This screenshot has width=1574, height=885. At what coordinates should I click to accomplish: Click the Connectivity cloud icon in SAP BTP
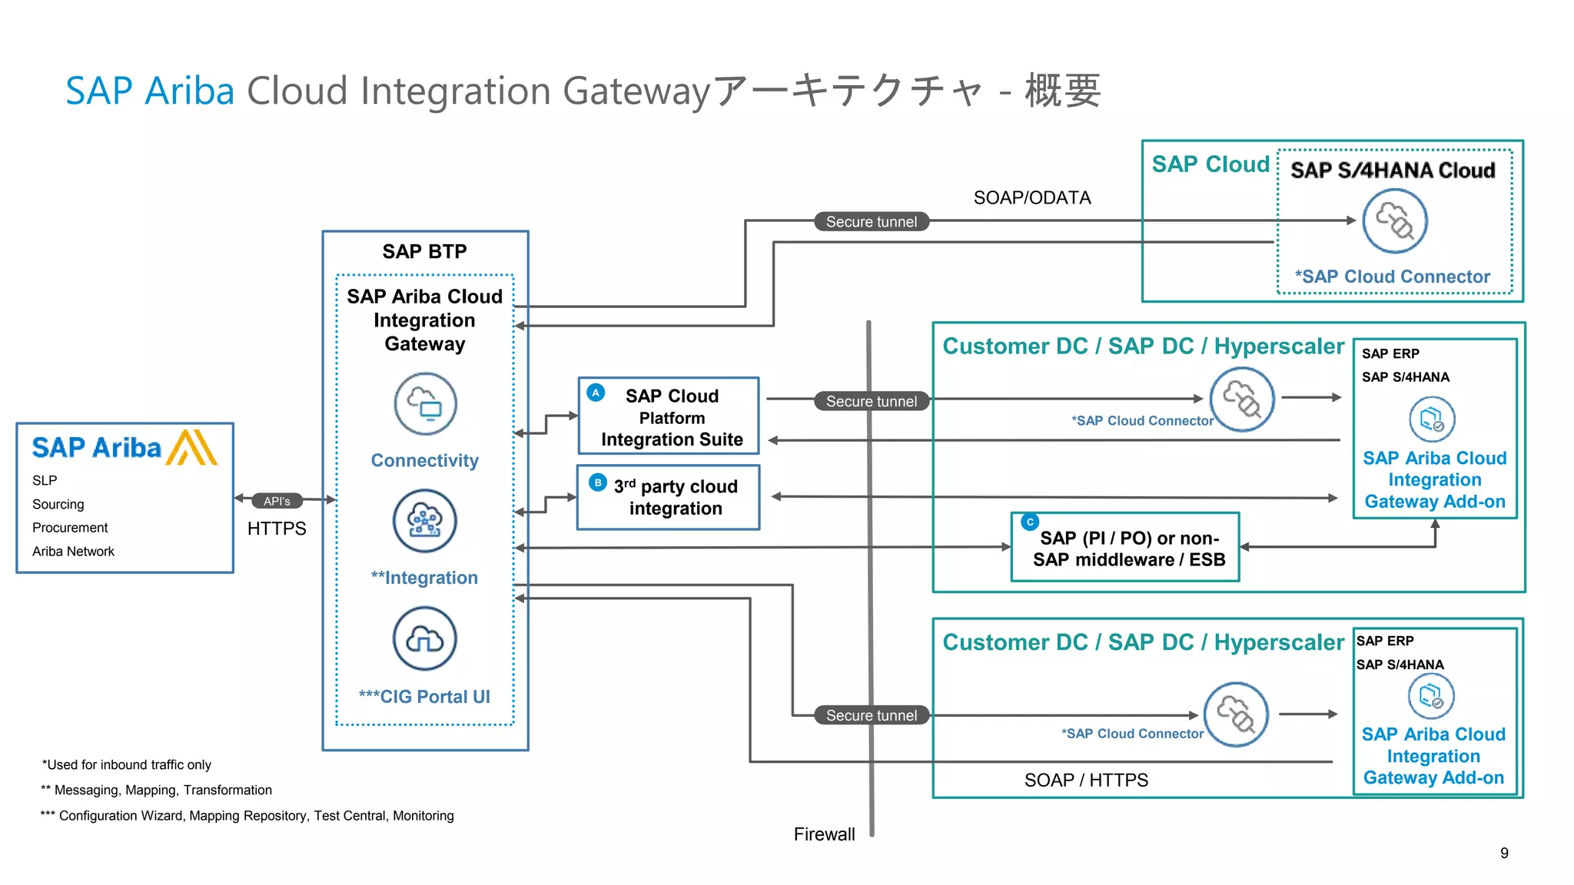point(425,403)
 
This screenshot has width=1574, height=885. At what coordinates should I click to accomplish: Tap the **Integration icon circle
point(425,521)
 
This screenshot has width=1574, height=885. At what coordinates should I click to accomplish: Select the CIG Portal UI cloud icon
point(425,638)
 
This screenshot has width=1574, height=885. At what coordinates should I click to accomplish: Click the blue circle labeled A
point(596,393)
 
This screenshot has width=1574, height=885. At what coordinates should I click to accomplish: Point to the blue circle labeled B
point(598,482)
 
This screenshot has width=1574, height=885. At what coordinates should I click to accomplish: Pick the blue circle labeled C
point(1030,522)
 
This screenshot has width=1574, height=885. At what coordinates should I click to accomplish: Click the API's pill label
point(277,501)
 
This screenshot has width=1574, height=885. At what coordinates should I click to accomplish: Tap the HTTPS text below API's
point(277,529)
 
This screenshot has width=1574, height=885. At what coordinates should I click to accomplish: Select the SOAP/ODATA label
point(1031,197)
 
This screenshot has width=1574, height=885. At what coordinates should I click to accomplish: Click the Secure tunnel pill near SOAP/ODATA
point(872,222)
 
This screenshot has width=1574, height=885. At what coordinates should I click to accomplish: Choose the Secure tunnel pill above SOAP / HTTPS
point(872,715)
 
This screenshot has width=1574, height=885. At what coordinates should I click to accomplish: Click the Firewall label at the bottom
point(824,834)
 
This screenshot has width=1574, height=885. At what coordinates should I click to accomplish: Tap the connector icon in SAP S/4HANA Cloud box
point(1395,221)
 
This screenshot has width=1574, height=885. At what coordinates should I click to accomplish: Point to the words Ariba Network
point(73,552)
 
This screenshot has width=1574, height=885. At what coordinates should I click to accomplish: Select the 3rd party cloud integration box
point(668,497)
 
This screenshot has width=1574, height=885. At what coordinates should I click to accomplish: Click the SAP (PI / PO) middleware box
point(1125,548)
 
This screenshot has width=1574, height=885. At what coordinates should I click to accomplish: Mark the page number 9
point(1504,853)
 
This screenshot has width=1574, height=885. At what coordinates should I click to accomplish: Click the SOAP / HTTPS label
point(1086,781)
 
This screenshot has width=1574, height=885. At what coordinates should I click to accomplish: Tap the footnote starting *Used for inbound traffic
point(127,764)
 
